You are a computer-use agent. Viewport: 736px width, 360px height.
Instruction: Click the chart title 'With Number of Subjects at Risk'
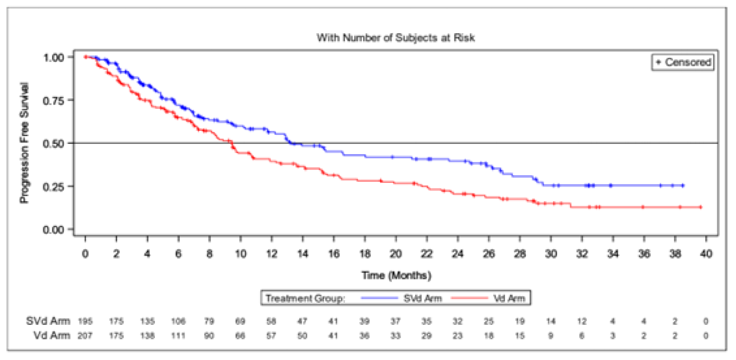(x=395, y=38)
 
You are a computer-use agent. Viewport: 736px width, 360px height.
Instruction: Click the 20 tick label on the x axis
(x=395, y=254)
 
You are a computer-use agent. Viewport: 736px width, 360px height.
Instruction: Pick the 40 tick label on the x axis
(x=706, y=254)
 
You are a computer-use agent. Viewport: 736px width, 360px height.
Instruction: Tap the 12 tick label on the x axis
(x=271, y=254)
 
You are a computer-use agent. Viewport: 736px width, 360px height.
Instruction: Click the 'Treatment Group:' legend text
(x=306, y=298)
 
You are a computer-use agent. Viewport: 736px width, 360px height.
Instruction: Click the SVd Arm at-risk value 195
(x=85, y=321)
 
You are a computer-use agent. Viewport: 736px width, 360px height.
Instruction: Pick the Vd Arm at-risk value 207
(x=85, y=335)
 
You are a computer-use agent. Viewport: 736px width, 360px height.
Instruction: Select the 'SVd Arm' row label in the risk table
(x=47, y=321)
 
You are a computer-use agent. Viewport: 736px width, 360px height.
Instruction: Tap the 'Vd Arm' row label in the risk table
(x=50, y=335)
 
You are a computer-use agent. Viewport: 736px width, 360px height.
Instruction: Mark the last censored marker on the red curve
(x=700, y=207)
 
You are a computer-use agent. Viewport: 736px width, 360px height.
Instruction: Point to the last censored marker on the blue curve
(x=683, y=185)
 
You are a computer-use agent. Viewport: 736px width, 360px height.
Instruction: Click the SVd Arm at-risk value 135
(x=147, y=321)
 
